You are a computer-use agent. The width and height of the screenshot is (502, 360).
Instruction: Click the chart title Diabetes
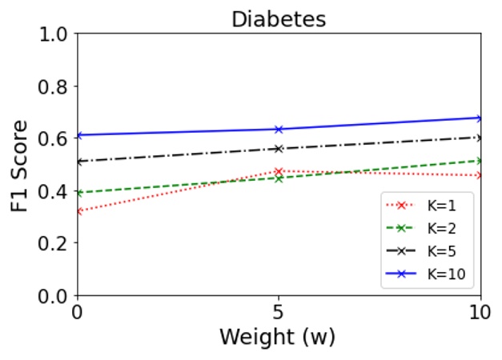coord(279,18)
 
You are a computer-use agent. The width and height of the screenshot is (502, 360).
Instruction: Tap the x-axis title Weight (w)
coord(279,337)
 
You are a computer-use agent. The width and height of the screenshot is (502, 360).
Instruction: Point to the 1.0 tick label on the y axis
coord(53,34)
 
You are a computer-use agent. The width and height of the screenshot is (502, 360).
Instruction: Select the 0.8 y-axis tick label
coord(53,86)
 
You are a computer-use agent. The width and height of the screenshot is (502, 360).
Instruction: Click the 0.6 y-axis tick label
coord(53,138)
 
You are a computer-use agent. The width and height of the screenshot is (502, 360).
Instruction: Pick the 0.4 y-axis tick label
coord(53,191)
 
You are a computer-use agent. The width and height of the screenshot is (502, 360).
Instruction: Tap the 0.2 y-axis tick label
coord(53,243)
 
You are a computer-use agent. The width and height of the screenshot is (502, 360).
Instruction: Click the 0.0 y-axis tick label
coord(53,296)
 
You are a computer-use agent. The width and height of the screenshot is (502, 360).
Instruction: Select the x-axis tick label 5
coord(279,312)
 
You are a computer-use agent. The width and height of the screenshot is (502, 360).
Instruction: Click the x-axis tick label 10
coord(480,312)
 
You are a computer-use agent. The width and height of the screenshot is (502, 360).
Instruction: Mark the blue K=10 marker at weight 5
coord(279,129)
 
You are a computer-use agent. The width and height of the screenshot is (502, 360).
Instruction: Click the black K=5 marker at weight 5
coord(279,149)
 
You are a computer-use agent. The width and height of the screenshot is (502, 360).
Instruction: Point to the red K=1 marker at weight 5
coord(279,171)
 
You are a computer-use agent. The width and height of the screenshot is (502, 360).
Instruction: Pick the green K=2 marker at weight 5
coord(279,178)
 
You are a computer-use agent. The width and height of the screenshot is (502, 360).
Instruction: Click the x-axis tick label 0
coord(78,312)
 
